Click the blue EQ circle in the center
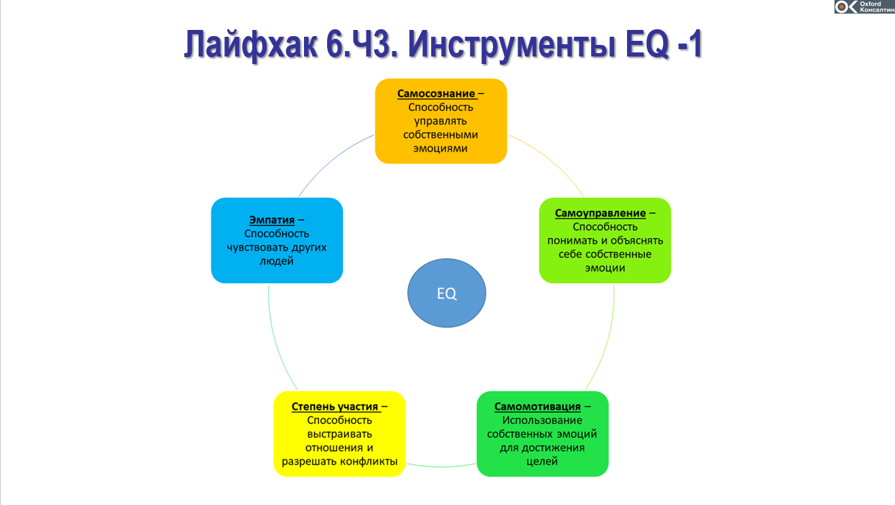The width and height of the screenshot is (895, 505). pos(447,294)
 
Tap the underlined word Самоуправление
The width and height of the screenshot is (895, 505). pos(601,213)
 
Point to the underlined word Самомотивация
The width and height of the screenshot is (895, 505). pos(537,406)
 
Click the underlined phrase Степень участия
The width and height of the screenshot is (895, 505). pos(335,406)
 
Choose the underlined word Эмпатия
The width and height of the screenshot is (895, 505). pos(271,220)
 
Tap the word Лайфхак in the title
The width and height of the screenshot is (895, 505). pos(250,46)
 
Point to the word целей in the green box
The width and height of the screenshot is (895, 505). pos(542,461)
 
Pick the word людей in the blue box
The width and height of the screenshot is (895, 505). pos(277,261)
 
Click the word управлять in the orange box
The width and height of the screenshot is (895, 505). pos(441,121)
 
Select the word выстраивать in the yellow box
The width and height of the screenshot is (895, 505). pos(339,434)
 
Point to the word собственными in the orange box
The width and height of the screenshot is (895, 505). pos(441,135)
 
